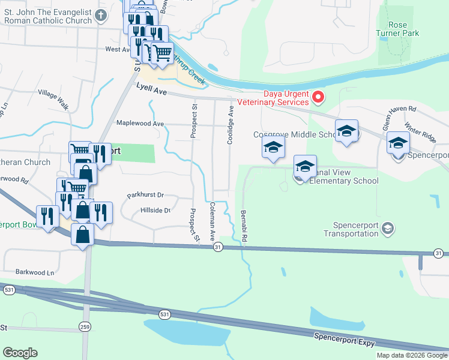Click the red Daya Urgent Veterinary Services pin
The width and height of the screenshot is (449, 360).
coord(319,96)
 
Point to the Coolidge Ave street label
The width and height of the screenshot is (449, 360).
coord(230,125)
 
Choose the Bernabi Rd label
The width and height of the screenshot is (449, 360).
coord(244,226)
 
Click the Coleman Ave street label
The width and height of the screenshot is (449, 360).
coord(212,221)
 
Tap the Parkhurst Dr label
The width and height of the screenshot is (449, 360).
coord(145,196)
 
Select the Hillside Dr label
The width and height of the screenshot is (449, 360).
coord(155,211)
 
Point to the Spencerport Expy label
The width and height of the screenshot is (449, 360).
coord(345,339)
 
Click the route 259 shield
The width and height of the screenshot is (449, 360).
coord(84,326)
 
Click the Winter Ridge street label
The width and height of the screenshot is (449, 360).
coord(420,132)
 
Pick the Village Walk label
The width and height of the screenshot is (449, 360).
coord(53,100)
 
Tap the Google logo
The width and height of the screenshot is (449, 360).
coord(20,353)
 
